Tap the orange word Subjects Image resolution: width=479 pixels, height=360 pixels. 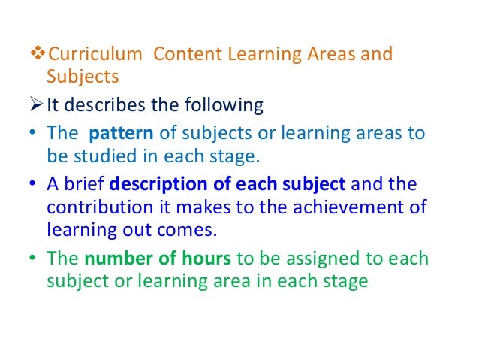pyautogui.click(x=83, y=77)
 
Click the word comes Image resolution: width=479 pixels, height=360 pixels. pyautogui.click(x=192, y=226)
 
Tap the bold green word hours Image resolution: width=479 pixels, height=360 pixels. pyautogui.click(x=207, y=259)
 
